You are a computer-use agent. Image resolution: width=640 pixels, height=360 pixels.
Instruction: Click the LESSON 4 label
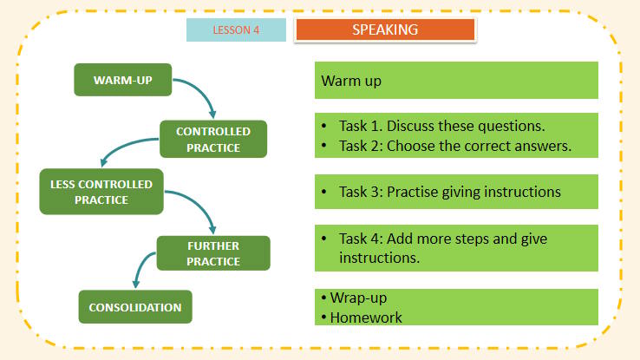tap(236, 29)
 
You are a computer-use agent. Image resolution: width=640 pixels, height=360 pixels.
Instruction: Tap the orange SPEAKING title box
tap(385, 29)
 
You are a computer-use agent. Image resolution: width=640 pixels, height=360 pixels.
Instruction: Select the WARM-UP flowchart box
tap(122, 81)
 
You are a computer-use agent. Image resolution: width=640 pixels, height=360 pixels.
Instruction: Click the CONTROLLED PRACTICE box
tap(213, 139)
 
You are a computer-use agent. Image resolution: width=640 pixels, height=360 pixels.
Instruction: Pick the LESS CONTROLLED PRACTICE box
tap(101, 192)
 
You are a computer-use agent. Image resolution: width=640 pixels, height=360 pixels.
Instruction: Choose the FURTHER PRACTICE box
tap(213, 252)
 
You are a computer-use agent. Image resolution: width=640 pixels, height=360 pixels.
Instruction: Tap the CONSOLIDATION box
tap(135, 307)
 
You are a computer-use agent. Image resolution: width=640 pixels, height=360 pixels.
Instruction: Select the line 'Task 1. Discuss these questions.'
tap(441, 127)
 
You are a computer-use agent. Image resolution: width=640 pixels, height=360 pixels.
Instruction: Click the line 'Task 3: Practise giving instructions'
tap(450, 191)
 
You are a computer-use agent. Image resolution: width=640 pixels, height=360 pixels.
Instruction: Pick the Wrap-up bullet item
tap(358, 298)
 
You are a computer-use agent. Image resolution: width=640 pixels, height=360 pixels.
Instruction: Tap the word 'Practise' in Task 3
tap(415, 191)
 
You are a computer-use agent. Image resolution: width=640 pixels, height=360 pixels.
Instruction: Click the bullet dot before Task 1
tap(323, 127)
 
